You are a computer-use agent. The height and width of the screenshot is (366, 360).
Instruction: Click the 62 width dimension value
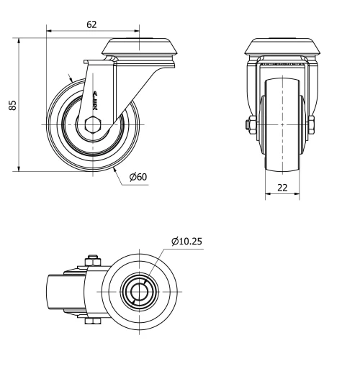91,24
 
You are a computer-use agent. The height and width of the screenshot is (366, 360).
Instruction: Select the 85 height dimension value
12,106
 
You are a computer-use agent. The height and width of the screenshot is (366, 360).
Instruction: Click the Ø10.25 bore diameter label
186,242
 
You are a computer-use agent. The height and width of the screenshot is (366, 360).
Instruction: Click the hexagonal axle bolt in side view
94,124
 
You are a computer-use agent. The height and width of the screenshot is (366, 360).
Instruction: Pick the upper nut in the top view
92,260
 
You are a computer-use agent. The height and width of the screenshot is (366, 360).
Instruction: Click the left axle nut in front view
249,124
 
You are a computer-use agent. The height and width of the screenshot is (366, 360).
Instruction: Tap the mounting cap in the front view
282,47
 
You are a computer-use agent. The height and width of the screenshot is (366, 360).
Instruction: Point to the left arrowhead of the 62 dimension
49,30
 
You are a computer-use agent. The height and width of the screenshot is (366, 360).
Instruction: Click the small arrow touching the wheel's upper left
71,78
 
